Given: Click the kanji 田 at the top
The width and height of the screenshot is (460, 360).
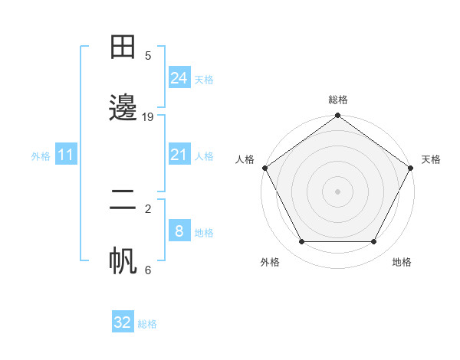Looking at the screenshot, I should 123,47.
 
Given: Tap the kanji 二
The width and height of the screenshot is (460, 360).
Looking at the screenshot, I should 123,201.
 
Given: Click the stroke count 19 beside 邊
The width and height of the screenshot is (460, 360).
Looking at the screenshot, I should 148,117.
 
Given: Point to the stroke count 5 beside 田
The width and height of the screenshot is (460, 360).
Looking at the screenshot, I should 148,55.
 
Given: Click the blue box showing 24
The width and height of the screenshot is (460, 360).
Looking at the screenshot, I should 179,78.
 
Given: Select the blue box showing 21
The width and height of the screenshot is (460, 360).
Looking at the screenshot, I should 179,155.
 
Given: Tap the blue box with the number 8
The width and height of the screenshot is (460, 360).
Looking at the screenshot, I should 179,231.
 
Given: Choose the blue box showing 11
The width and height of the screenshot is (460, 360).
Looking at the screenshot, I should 66,155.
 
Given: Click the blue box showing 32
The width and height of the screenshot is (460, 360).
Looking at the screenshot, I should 123,322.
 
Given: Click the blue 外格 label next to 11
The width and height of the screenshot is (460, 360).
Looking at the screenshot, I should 41,156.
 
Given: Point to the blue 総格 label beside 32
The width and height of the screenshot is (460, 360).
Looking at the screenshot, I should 147,324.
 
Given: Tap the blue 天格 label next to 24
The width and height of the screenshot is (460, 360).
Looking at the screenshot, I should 204,80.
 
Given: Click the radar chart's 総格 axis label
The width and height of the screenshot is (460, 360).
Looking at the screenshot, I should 337,100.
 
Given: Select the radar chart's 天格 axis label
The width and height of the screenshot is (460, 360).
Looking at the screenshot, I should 431,159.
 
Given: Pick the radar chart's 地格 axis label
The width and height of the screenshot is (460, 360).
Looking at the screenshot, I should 402,262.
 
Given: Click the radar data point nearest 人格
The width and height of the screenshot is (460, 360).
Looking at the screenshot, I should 264,168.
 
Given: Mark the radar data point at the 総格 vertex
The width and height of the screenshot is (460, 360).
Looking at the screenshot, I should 337,116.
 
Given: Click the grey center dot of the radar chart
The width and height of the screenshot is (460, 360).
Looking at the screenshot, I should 337,191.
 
